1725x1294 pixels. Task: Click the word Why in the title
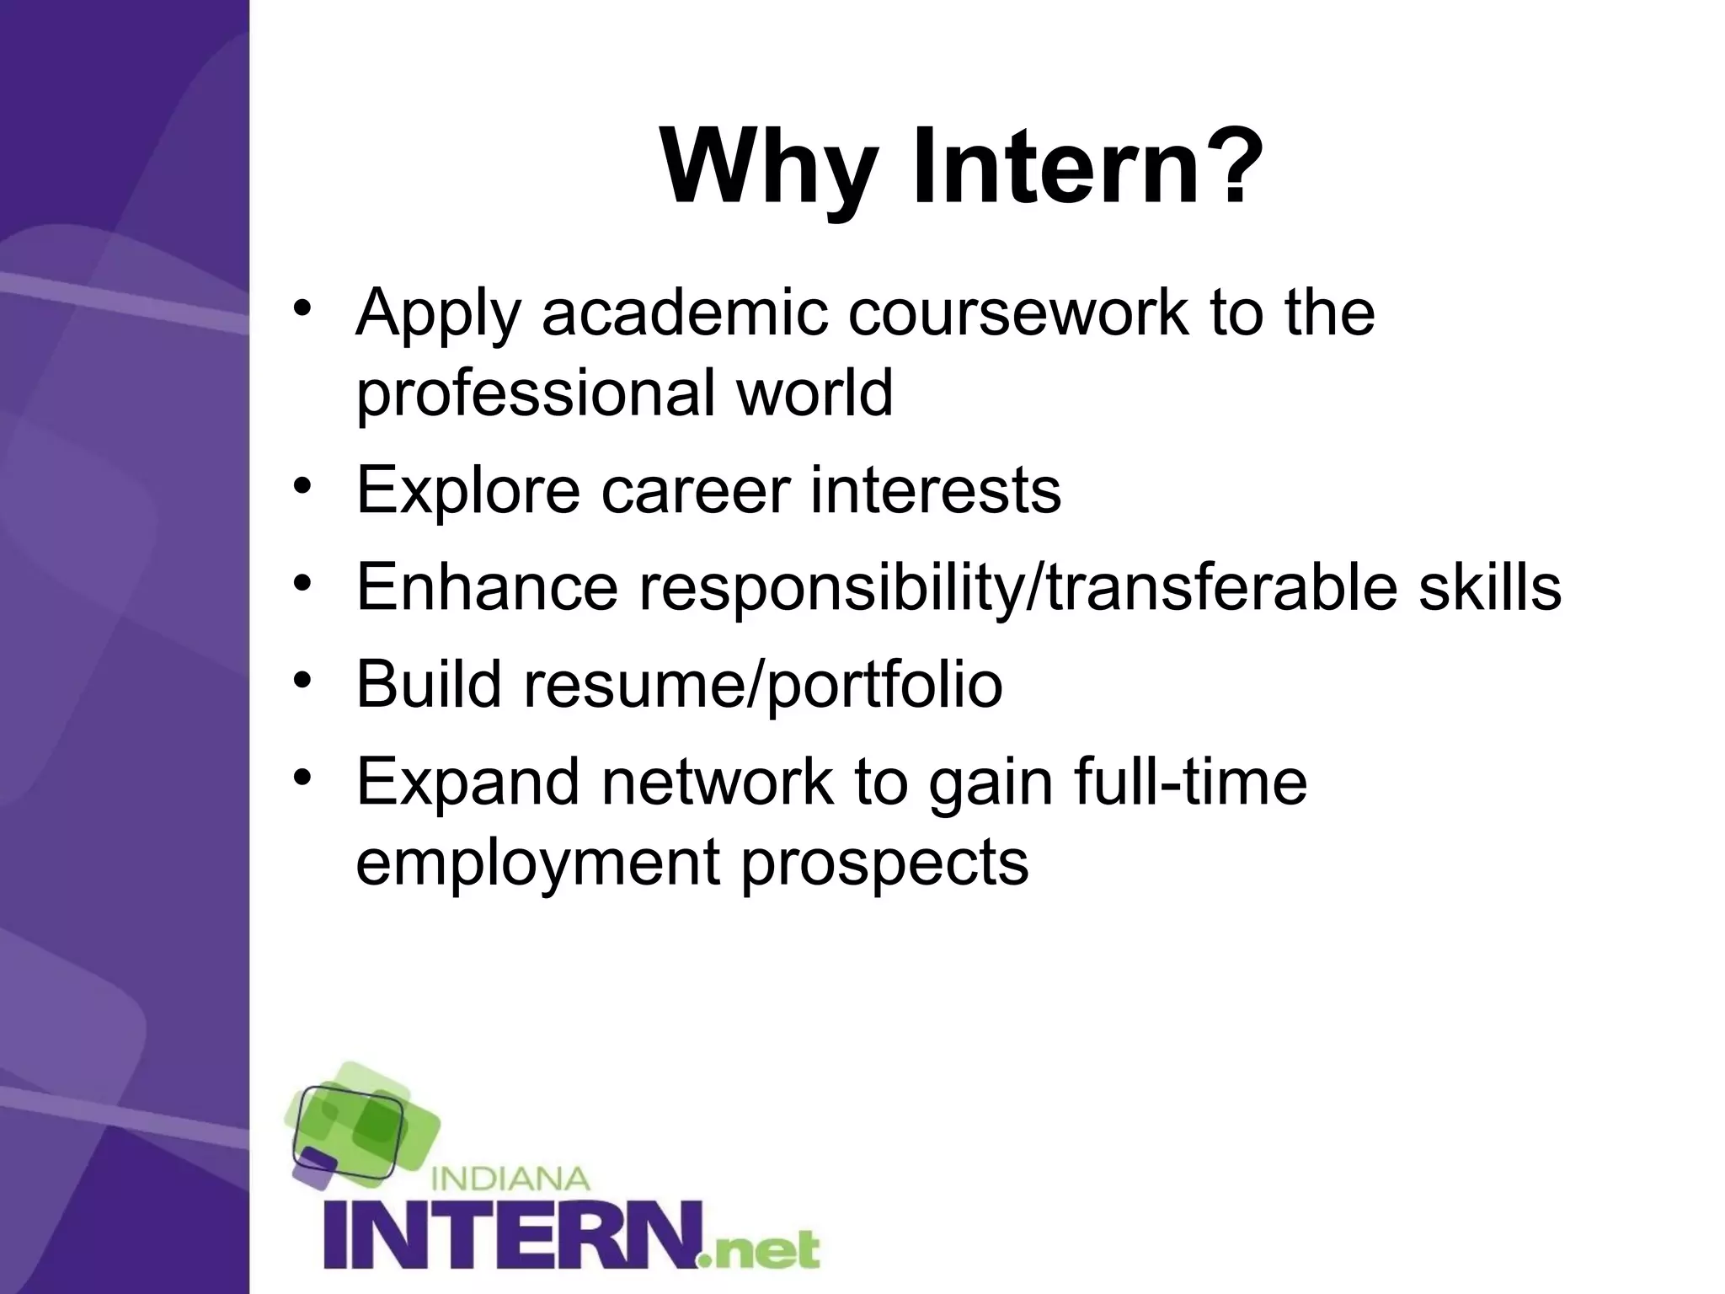coord(768,166)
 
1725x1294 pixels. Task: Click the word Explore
coord(468,490)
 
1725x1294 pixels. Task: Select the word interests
coord(935,490)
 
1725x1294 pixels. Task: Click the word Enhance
coord(487,587)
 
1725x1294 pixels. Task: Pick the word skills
coord(1489,587)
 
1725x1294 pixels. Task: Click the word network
coord(717,782)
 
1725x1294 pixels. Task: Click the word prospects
coord(884,863)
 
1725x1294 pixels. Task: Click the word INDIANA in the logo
coord(510,1178)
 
